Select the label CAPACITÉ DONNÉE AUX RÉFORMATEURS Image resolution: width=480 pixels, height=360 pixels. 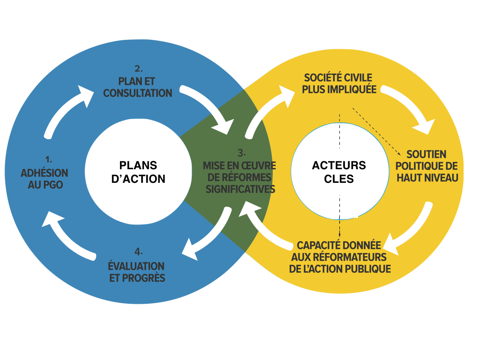[340, 257]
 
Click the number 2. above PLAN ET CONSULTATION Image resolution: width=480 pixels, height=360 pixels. [138, 68]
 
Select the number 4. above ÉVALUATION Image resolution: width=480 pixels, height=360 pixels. [138, 250]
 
